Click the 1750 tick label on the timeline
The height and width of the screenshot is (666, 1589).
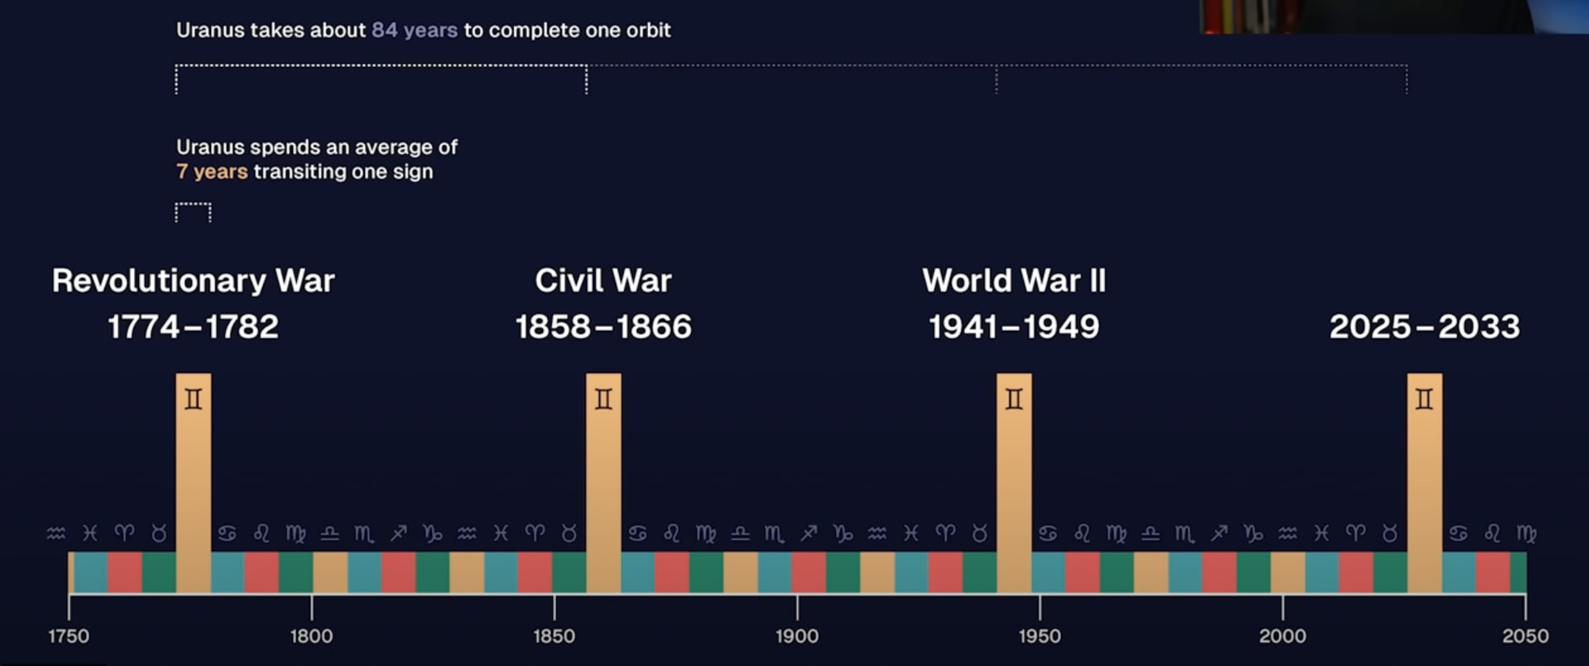(x=69, y=636)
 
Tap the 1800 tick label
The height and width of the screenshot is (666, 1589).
(x=311, y=636)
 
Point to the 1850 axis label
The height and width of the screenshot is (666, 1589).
(x=554, y=636)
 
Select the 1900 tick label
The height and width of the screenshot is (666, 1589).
(x=797, y=636)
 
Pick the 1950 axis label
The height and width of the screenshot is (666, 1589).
(x=1039, y=636)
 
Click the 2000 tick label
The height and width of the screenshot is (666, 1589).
(x=1282, y=636)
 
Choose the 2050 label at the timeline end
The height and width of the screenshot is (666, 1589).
(x=1524, y=636)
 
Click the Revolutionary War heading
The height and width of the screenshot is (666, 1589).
(x=193, y=280)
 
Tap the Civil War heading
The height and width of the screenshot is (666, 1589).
(x=603, y=280)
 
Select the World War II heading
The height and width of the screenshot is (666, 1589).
(x=1014, y=280)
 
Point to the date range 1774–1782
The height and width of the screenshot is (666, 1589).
(x=193, y=327)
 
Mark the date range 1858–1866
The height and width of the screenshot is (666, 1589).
(x=603, y=327)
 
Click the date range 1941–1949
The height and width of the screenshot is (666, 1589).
(x=1014, y=327)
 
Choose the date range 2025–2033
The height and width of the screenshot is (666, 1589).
(x=1424, y=327)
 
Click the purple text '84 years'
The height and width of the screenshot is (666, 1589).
(x=414, y=31)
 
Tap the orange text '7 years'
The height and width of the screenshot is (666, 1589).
(x=212, y=172)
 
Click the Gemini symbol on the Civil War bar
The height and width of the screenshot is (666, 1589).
(x=603, y=400)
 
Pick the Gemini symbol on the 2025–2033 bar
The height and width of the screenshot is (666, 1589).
(x=1424, y=400)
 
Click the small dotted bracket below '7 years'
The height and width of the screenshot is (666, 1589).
(x=193, y=212)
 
